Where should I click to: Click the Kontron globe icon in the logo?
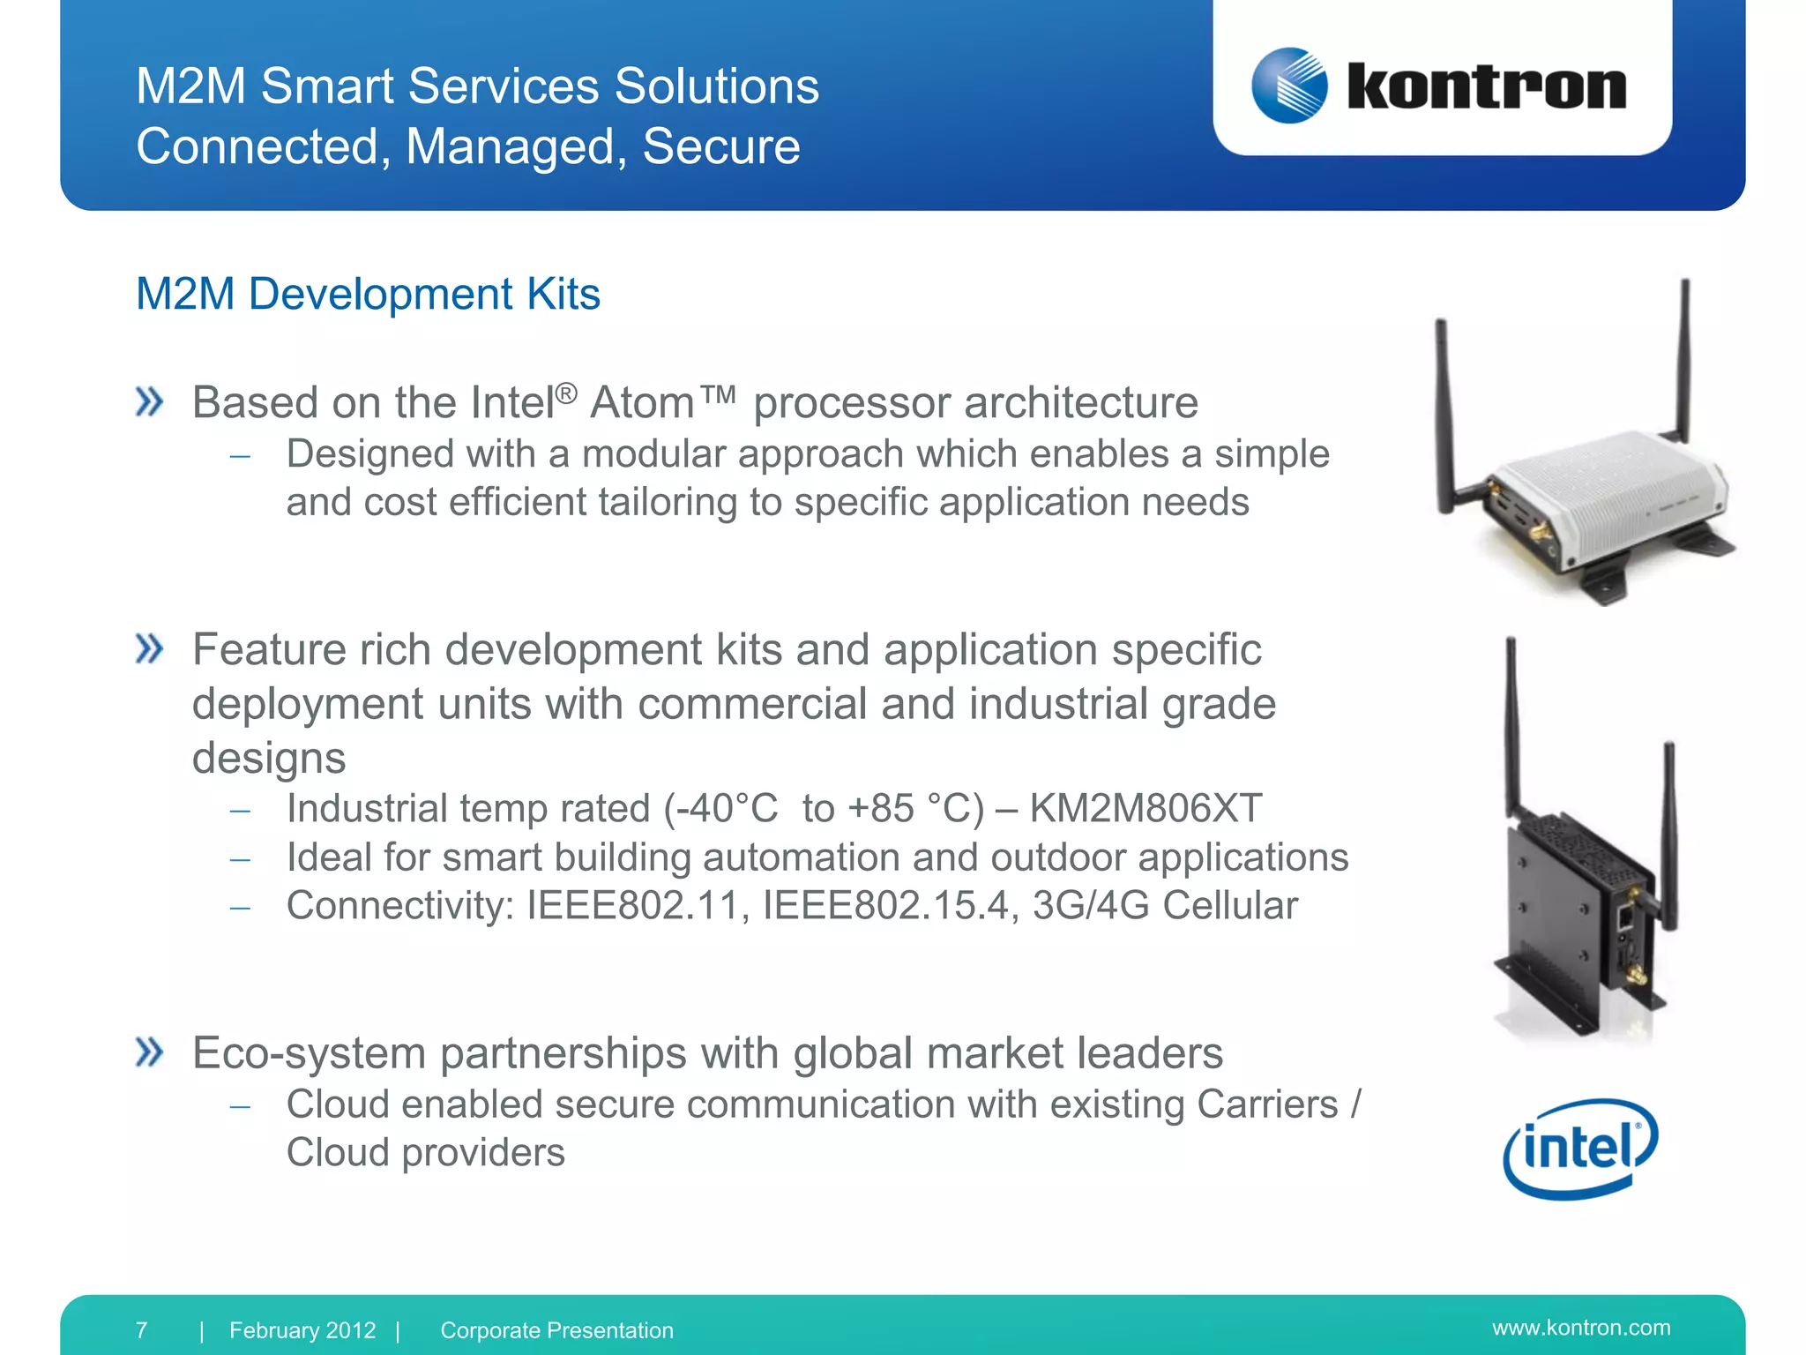1289,86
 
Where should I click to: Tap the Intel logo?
1580,1149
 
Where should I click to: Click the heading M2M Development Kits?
368,294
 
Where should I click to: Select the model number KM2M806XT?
1146,808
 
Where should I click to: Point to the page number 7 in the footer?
142,1329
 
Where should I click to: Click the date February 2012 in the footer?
302,1330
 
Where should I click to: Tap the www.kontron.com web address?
1581,1328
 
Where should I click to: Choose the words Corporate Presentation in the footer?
556,1330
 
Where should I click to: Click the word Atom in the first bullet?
642,403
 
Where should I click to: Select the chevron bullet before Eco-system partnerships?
150,1052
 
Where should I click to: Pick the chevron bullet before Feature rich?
150,649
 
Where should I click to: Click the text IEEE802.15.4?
884,906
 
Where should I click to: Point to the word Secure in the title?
720,146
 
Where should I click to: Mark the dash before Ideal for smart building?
241,858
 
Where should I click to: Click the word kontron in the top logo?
1487,87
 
